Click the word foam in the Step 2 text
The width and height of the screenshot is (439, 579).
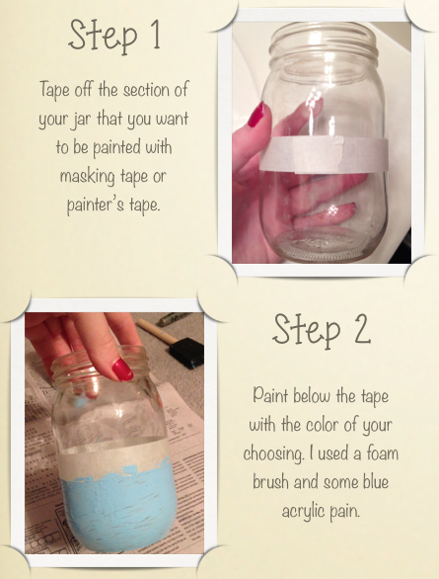[x=382, y=453]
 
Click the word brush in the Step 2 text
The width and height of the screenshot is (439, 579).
[x=270, y=482]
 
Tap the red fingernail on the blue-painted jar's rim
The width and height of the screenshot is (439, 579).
[x=122, y=370]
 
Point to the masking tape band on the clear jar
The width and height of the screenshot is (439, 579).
[x=324, y=154]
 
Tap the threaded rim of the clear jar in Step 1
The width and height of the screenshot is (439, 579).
[x=324, y=41]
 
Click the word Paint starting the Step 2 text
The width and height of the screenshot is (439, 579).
[x=270, y=395]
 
